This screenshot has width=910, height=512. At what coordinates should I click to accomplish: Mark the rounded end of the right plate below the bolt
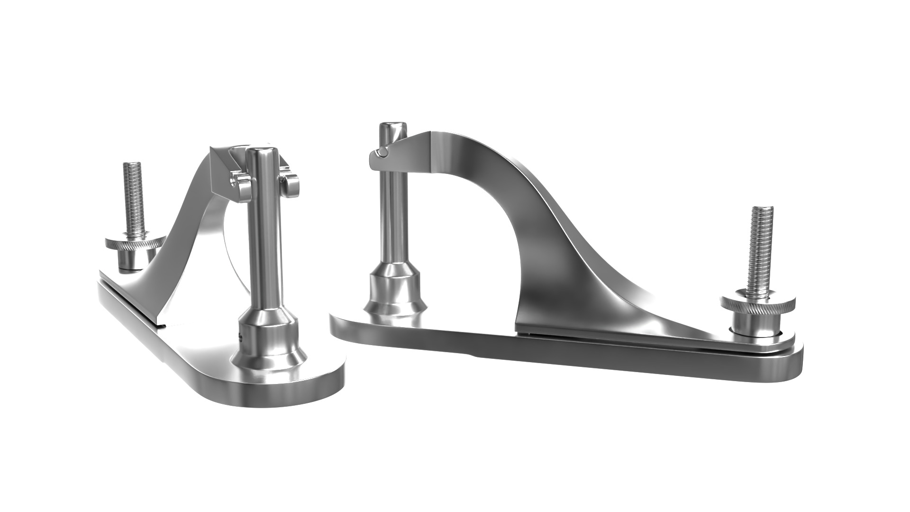(x=787, y=360)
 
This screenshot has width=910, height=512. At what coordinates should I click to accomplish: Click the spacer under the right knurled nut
(x=749, y=327)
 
